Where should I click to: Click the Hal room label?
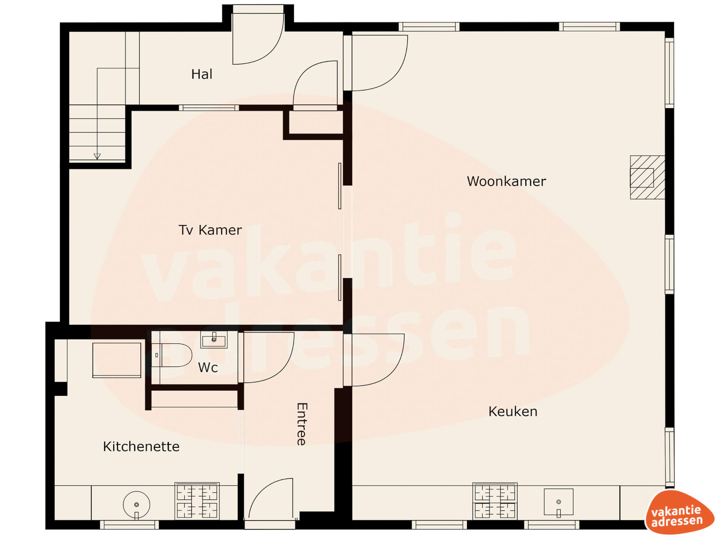coord(202,74)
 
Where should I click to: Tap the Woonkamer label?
coord(506,181)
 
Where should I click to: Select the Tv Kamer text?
coord(210,230)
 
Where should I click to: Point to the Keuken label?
coord(513,412)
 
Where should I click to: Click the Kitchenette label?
coord(141,447)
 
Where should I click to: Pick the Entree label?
coord(302,424)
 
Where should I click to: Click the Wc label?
coord(208,367)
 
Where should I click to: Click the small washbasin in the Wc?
coord(214,340)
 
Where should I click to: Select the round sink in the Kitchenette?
coord(136,505)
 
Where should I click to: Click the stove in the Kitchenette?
coord(197,501)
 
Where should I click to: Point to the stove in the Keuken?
coord(495,501)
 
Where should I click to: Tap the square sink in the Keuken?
coord(558,502)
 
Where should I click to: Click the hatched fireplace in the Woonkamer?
coord(647,177)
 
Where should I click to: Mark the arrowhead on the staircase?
coord(97,156)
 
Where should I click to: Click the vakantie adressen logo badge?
coord(679,513)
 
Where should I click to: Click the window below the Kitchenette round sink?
coord(129,524)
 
